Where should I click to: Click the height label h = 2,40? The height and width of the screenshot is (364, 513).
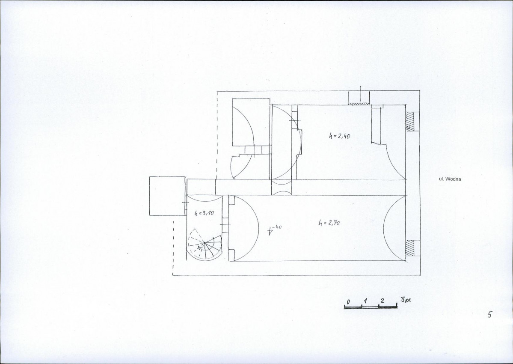coord(339,135)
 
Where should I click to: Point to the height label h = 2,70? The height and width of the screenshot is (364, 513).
coord(329,223)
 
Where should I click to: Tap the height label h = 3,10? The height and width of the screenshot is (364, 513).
coord(204,213)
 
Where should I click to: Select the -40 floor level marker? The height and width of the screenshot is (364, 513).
coord(274,230)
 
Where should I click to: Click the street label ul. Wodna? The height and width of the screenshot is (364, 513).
coord(450,179)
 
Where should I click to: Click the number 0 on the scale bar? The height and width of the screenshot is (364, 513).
coord(348,301)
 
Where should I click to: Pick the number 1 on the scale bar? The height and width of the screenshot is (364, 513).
coord(365,301)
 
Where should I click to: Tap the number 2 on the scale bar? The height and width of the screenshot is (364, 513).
coord(382,301)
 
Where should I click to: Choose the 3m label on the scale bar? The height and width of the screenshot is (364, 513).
coord(405,299)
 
